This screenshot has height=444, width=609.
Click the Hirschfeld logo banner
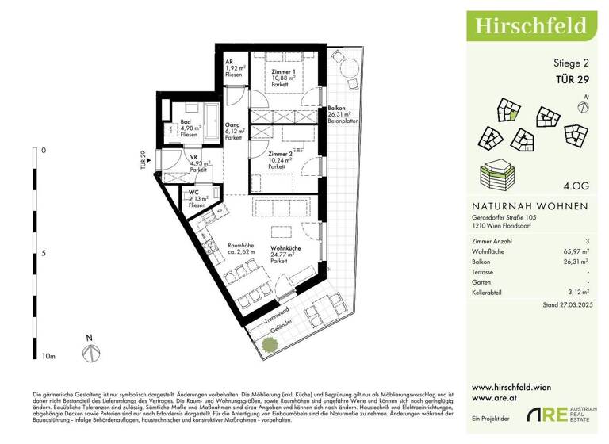coord(530,25)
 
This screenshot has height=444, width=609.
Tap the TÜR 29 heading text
coord(569,78)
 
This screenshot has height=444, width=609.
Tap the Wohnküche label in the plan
coord(284,250)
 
